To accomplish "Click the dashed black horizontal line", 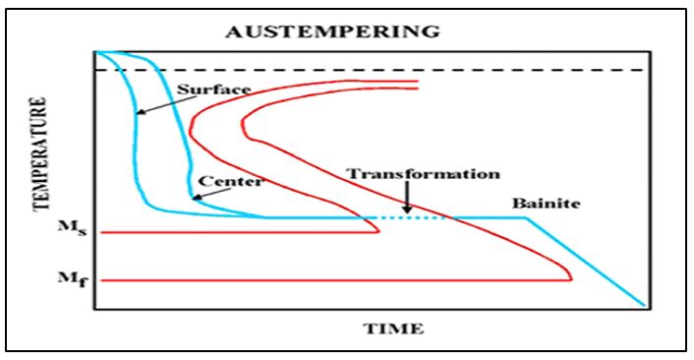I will pos(393,71).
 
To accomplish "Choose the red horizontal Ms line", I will pos(236,232).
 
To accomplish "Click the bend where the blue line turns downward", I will pos(529,218).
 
